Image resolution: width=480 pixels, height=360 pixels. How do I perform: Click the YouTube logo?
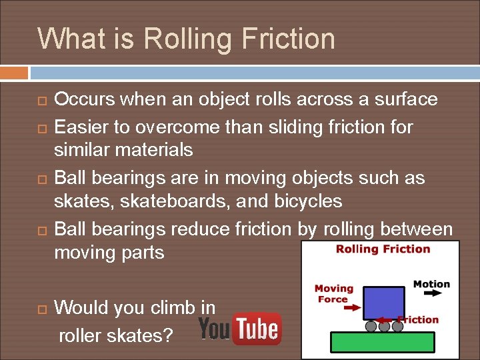pos(239,329)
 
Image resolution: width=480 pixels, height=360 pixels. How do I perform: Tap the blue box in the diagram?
pos(383,303)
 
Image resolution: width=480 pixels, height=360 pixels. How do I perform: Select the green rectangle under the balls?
pos(383,342)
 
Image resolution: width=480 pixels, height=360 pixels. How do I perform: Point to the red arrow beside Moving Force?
pos(350,308)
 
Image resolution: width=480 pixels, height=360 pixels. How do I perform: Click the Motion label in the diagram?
pos(431,285)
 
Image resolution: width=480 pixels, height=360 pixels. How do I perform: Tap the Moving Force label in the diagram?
pos(333,294)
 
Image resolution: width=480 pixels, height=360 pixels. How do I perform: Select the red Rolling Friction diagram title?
pos(383,249)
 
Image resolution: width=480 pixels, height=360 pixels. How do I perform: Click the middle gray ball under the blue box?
pos(384,327)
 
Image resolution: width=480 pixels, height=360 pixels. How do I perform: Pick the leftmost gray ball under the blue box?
pos(371,327)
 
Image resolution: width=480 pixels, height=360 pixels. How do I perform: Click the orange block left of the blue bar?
pos(14,73)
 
